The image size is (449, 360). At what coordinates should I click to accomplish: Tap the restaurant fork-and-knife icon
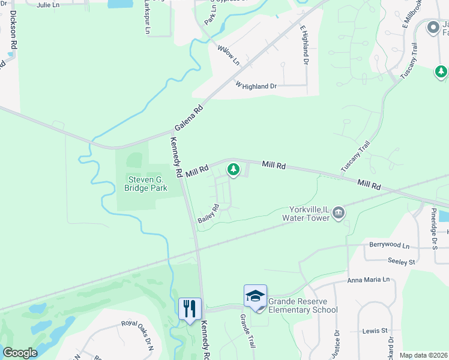pyautogui.click(x=190, y=309)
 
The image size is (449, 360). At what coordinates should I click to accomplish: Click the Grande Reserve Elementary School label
pyautogui.click(x=303, y=305)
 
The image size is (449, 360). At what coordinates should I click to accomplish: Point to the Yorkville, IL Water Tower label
pyautogui.click(x=310, y=214)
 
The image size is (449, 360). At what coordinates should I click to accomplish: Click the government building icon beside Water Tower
pyautogui.click(x=339, y=212)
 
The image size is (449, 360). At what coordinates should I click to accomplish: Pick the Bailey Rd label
pyautogui.click(x=209, y=214)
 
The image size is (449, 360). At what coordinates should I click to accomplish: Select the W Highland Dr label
pyautogui.click(x=256, y=86)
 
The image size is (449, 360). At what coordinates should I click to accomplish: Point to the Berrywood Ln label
pyautogui.click(x=389, y=246)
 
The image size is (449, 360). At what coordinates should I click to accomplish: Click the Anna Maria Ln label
pyautogui.click(x=368, y=280)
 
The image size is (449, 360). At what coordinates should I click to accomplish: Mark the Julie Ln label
pyautogui.click(x=48, y=5)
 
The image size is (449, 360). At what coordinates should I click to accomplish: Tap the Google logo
pyautogui.click(x=20, y=353)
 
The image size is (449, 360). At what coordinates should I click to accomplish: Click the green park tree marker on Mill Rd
pyautogui.click(x=234, y=170)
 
